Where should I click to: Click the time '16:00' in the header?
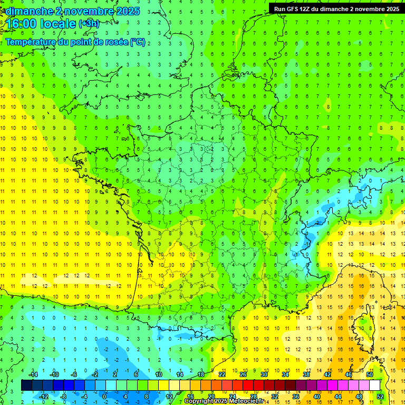coord(22,24)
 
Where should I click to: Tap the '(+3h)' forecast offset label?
coord(88,24)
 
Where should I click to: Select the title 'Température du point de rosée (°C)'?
coord(75,42)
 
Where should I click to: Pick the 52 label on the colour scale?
coord(380,396)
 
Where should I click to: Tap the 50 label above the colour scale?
coord(370,374)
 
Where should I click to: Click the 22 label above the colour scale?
coord(222,374)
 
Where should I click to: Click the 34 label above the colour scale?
coord(285,374)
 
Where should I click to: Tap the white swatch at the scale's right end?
coord(375,385)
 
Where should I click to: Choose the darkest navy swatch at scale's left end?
coord(27,385)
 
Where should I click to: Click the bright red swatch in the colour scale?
coord(248,385)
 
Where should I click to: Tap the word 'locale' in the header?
coord(59,24)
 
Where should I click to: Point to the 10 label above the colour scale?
coord(159,374)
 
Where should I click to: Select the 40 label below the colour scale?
coord(317,396)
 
